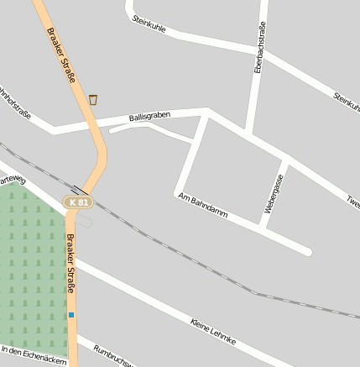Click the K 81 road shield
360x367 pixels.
[78, 202]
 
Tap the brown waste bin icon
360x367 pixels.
[93, 100]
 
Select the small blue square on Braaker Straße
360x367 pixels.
[71, 315]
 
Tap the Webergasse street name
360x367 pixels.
[274, 194]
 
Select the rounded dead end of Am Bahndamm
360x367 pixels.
[307, 250]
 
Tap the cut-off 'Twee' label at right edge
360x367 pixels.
[352, 199]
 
